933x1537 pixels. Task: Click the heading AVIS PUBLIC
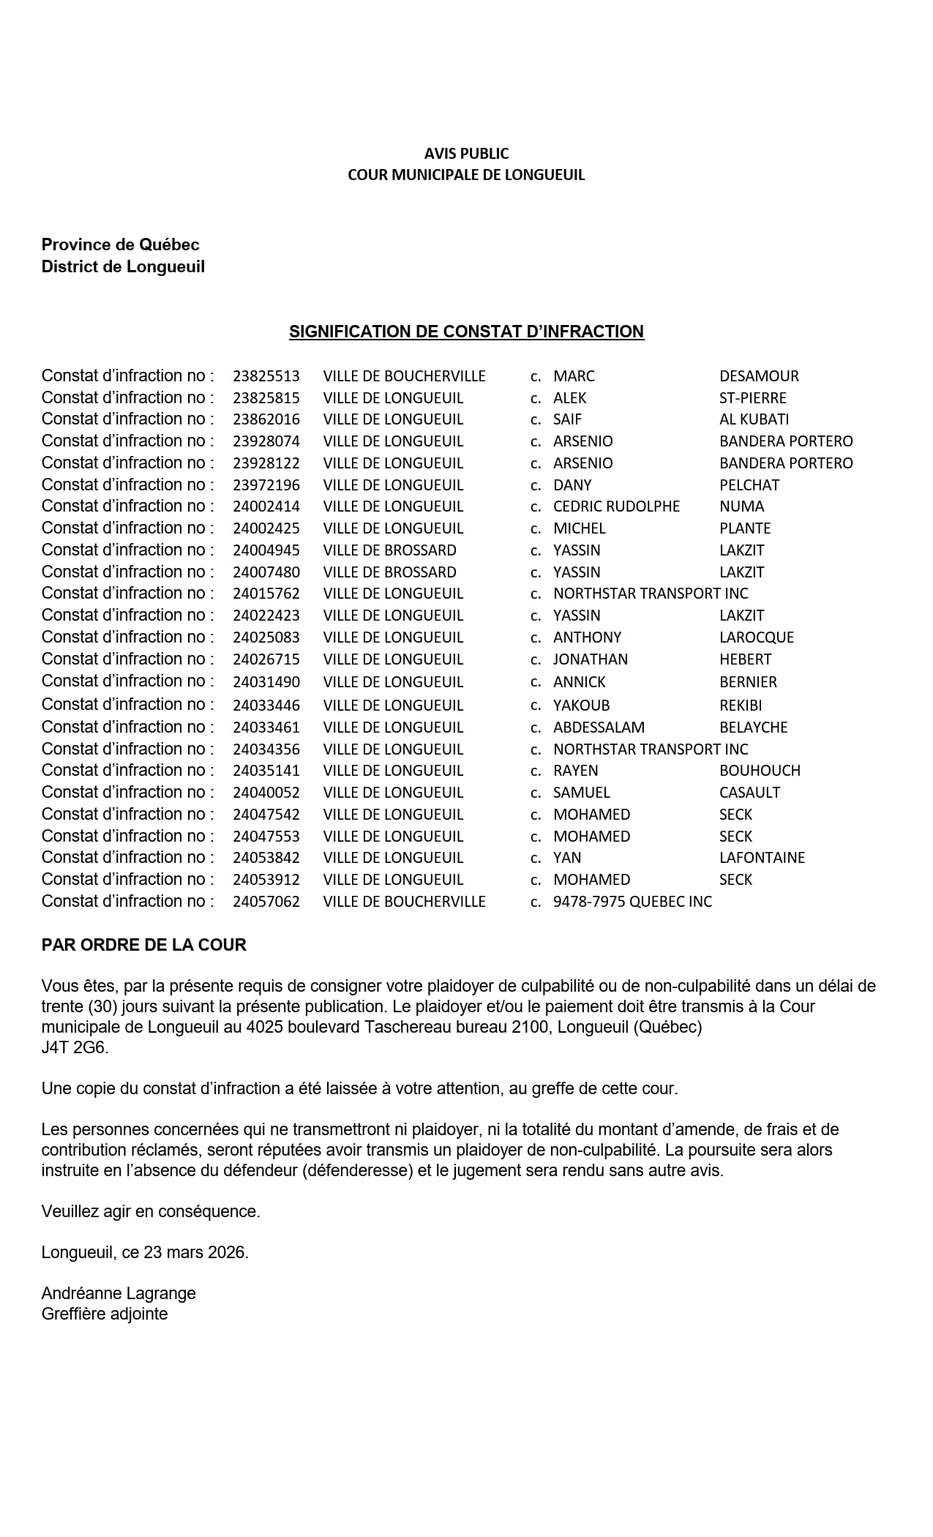pyautogui.click(x=466, y=154)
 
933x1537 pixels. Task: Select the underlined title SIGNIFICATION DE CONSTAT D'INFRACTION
pyautogui.click(x=466, y=332)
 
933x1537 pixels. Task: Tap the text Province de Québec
pyautogui.click(x=120, y=244)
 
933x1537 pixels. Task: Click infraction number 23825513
pyautogui.click(x=266, y=376)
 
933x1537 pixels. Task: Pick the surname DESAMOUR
pyautogui.click(x=759, y=376)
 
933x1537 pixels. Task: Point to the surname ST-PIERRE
pyautogui.click(x=753, y=398)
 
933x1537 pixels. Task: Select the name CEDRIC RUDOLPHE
pyautogui.click(x=616, y=506)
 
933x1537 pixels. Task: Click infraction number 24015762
pyautogui.click(x=266, y=594)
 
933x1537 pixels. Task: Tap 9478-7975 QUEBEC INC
pyautogui.click(x=632, y=902)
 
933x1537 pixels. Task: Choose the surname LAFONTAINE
pyautogui.click(x=762, y=858)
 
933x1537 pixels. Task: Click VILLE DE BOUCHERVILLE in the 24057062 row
pyautogui.click(x=404, y=902)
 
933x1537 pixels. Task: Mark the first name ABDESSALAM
pyautogui.click(x=599, y=728)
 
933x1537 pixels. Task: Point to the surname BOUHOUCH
pyautogui.click(x=760, y=771)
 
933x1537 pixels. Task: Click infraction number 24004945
pyautogui.click(x=266, y=550)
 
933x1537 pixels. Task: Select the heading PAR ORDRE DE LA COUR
pyautogui.click(x=143, y=945)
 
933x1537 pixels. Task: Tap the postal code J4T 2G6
pyautogui.click(x=75, y=1047)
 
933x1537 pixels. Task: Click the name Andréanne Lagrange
pyautogui.click(x=119, y=1293)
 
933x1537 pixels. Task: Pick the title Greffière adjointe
pyautogui.click(x=105, y=1314)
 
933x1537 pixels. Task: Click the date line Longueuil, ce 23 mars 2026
pyautogui.click(x=145, y=1252)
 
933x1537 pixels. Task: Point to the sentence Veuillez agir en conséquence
pyautogui.click(x=151, y=1211)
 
